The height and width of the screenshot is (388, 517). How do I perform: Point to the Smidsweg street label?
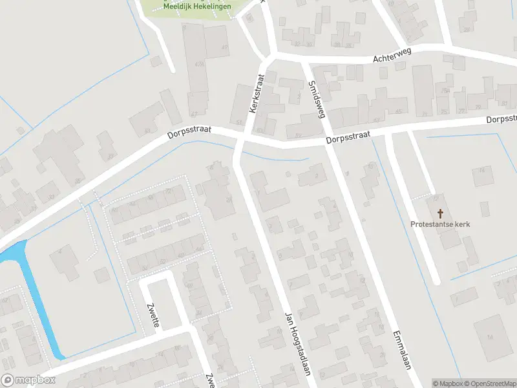(x=315, y=98)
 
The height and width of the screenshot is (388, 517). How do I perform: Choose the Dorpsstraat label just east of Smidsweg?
(x=348, y=138)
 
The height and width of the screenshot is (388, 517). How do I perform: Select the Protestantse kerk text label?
(x=440, y=224)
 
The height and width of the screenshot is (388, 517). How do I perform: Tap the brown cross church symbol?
(x=441, y=213)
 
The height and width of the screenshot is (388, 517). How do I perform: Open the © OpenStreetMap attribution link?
(x=489, y=383)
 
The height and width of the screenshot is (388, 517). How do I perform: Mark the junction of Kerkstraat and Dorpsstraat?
(x=240, y=138)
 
